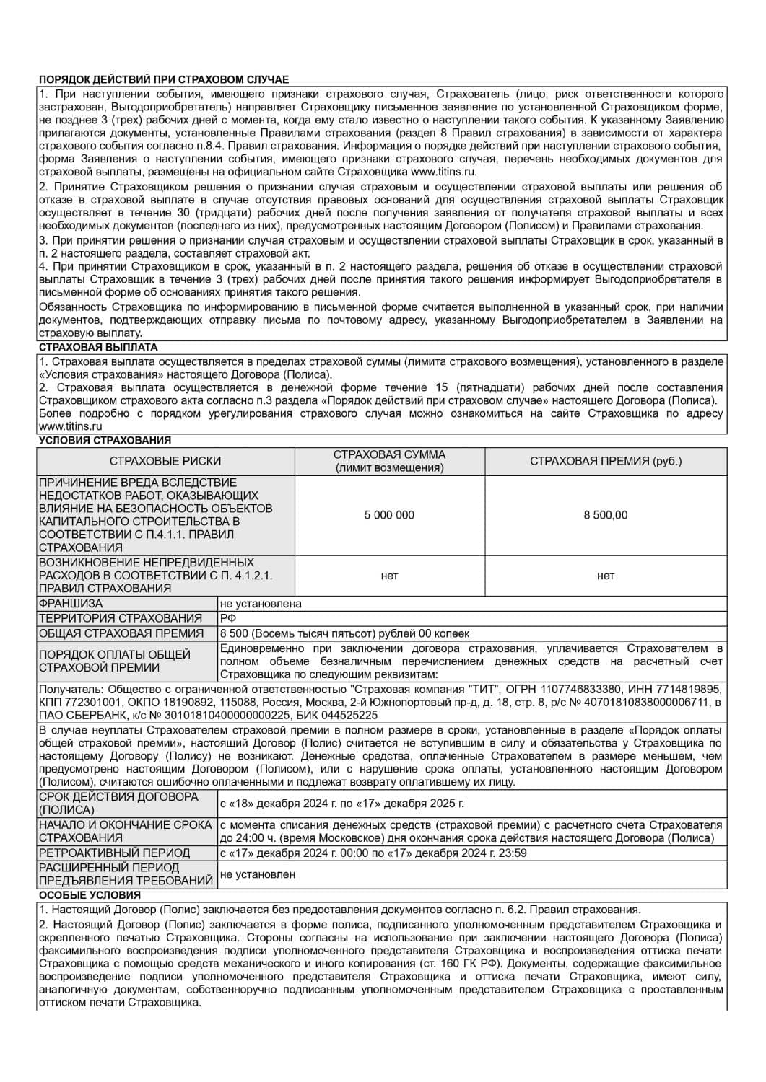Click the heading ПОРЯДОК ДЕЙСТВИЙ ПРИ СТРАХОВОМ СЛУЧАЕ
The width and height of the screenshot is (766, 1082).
tap(163, 80)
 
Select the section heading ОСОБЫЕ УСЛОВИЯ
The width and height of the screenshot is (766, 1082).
tap(79, 895)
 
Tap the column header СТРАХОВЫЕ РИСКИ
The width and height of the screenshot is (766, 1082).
tap(165, 462)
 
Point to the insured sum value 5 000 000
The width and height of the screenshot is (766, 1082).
tap(389, 515)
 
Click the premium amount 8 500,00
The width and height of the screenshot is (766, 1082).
tap(605, 515)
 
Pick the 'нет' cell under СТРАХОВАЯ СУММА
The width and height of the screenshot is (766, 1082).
tap(389, 576)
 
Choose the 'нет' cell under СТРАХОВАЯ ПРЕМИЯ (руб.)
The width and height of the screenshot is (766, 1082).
tap(605, 576)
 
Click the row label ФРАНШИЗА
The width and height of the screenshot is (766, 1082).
tap(71, 604)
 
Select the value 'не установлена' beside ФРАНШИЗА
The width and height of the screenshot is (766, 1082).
tap(261, 604)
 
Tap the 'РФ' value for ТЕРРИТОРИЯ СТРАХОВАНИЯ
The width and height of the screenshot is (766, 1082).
tap(228, 618)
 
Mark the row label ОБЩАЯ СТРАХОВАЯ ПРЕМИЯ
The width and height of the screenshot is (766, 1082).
tap(121, 633)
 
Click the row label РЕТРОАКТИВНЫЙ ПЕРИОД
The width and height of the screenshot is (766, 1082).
tap(114, 853)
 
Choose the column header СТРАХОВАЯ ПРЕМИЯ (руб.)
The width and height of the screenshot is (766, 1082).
tap(605, 462)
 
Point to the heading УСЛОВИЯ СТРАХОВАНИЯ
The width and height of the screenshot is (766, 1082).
tap(105, 440)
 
